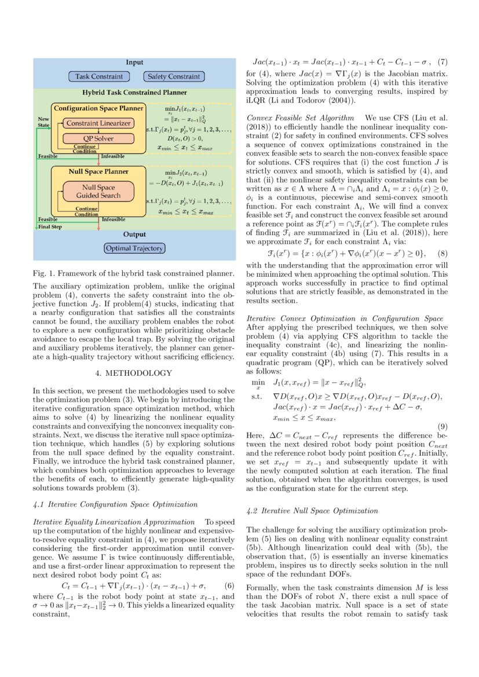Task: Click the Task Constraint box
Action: point(99,76)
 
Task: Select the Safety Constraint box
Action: point(173,76)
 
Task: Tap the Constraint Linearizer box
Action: point(98,123)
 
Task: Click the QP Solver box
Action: point(98,138)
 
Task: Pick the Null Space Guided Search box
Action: point(98,191)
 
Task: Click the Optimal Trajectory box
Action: point(134,248)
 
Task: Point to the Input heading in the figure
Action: point(134,63)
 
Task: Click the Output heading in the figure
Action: point(134,235)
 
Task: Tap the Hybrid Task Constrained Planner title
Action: point(134,92)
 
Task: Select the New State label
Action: point(44,121)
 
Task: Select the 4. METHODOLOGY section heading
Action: point(134,373)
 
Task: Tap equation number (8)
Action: point(443,254)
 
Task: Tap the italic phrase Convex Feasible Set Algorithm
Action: point(301,117)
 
